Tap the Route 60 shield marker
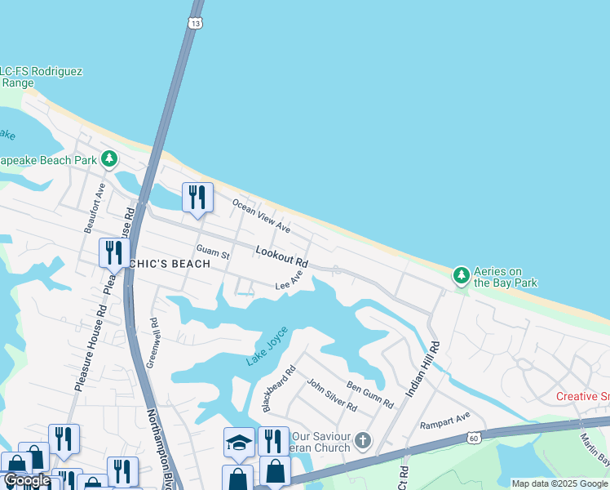(x=473, y=439)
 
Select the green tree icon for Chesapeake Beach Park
(x=108, y=158)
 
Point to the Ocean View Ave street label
(x=261, y=216)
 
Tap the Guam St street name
(x=213, y=251)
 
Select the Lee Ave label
(x=289, y=282)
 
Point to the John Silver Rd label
(x=331, y=394)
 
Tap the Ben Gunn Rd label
(x=369, y=394)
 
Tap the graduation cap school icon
(x=239, y=442)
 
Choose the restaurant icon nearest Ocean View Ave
(x=197, y=198)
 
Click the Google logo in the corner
(x=27, y=480)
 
